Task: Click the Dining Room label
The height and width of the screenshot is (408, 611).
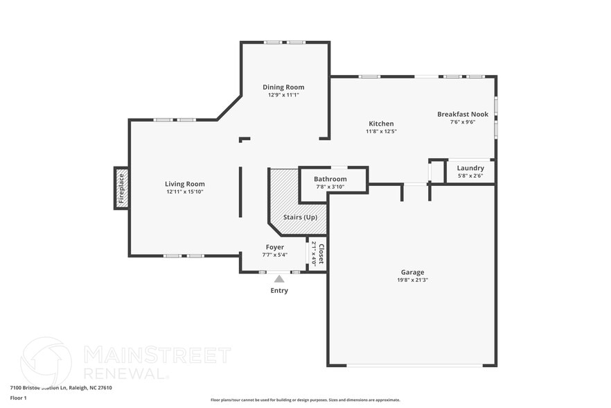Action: (x=283, y=87)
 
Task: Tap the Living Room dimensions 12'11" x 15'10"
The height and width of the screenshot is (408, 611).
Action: (x=185, y=192)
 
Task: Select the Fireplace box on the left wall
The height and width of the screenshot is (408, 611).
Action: (x=121, y=188)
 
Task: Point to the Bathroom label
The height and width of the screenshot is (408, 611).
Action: (x=330, y=179)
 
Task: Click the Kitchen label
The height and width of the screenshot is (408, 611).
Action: (x=381, y=124)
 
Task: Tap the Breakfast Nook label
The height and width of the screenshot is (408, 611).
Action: (x=462, y=114)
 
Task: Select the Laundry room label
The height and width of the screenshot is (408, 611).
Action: (x=470, y=168)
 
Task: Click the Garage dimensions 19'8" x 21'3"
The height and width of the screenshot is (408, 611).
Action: (x=412, y=280)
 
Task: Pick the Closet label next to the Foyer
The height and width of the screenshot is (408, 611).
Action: (x=321, y=253)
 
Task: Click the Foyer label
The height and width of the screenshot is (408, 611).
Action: (x=274, y=247)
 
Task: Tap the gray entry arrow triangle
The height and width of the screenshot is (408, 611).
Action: (x=279, y=279)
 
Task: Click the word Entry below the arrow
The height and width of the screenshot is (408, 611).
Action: (x=279, y=291)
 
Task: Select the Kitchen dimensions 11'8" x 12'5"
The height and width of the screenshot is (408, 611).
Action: (x=381, y=131)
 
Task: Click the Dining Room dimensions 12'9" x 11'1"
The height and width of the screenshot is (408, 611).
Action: (x=283, y=95)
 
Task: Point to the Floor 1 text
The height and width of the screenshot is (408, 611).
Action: (x=18, y=398)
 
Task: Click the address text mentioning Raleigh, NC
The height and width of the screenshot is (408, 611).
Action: (x=61, y=388)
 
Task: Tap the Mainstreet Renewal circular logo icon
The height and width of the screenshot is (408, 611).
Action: (x=46, y=361)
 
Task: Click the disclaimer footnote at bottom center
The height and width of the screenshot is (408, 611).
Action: (x=305, y=400)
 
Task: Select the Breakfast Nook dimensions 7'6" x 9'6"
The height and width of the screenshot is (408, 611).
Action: (x=462, y=122)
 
